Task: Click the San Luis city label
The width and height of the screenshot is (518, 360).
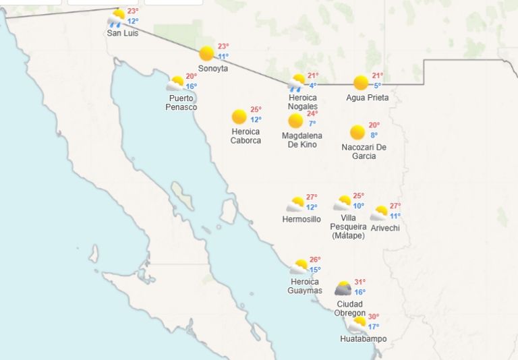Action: [123, 33]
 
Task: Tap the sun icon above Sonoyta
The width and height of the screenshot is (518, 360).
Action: [206, 53]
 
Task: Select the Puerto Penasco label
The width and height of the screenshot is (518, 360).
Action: [182, 102]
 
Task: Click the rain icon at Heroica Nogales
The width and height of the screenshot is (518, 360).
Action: [296, 83]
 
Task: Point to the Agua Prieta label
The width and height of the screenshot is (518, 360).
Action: [368, 98]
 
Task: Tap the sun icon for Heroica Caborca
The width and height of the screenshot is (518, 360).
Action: [239, 117]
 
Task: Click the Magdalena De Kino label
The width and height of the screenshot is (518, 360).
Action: [301, 140]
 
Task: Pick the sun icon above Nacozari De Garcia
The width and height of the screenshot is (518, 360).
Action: [357, 132]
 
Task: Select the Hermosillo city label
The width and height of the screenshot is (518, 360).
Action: [301, 219]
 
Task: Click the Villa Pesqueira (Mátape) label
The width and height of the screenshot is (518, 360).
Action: [348, 227]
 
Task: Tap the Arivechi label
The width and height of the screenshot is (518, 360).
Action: [385, 228]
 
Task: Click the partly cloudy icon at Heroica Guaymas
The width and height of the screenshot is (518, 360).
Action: [299, 267]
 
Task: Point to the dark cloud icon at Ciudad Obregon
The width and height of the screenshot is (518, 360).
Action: [343, 289]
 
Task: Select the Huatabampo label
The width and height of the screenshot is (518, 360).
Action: [364, 339]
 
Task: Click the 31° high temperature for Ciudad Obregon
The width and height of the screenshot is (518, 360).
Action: [360, 282]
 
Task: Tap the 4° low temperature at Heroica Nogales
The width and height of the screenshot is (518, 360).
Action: [313, 86]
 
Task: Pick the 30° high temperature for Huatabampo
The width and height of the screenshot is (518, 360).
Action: [373, 317]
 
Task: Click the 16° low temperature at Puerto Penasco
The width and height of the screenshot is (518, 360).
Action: [192, 86]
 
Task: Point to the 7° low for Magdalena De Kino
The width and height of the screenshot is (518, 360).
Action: [312, 123]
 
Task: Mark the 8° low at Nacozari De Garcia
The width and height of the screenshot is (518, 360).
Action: [374, 136]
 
